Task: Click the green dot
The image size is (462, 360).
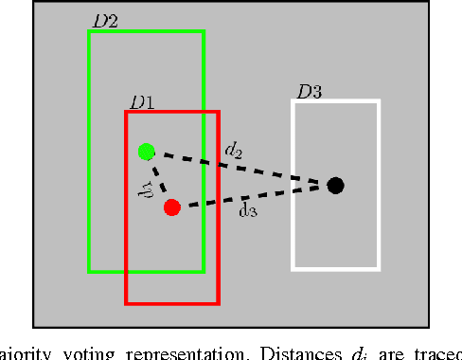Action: tap(146, 151)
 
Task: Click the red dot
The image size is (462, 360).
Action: tap(171, 207)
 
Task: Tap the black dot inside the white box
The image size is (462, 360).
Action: tap(335, 186)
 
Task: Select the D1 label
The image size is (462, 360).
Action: tap(143, 101)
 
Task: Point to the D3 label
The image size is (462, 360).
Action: tap(310, 92)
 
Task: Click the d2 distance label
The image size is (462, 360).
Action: tap(233, 149)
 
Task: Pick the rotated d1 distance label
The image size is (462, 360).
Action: tap(144, 182)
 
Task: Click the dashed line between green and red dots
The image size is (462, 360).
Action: tap(159, 179)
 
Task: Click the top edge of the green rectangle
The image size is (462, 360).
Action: tap(146, 32)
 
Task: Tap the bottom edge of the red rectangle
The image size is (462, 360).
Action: tap(171, 304)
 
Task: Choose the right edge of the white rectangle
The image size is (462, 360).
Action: tap(379, 185)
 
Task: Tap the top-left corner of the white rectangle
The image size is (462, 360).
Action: tap(293, 100)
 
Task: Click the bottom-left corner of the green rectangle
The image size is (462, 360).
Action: tap(89, 272)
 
